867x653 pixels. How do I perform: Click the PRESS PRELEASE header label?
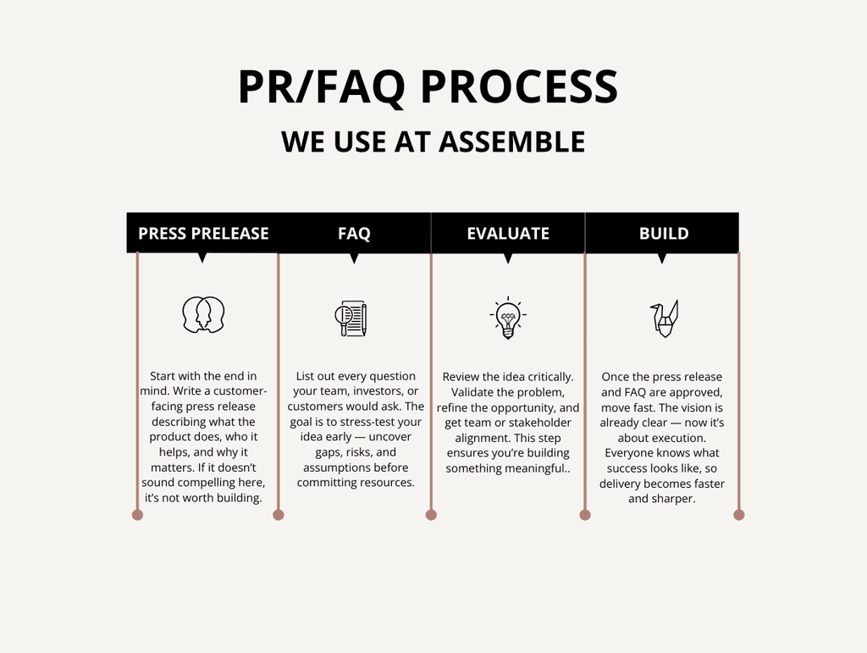(x=203, y=234)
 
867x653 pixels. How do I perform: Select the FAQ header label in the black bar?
(x=354, y=234)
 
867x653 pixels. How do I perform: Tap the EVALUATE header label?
(x=508, y=234)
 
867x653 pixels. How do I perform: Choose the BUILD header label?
(x=664, y=234)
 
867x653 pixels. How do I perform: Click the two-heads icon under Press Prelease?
(x=203, y=315)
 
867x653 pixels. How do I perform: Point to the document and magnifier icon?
(x=351, y=318)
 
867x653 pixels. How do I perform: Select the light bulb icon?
(x=508, y=318)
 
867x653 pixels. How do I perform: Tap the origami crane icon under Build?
(x=665, y=318)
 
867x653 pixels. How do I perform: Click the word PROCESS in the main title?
(x=519, y=87)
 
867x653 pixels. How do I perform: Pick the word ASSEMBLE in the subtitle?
(x=511, y=141)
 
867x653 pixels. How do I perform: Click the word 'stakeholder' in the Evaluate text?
(x=540, y=423)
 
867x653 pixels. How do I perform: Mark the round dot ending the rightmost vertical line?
(x=739, y=514)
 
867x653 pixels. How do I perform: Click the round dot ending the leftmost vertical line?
(x=137, y=514)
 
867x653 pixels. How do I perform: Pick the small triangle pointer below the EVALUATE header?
(x=508, y=258)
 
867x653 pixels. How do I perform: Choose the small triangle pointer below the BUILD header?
(x=662, y=258)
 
